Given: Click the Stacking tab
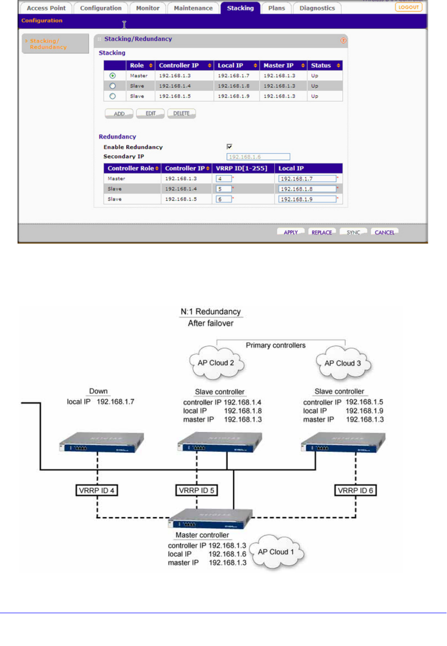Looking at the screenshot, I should click(x=240, y=8).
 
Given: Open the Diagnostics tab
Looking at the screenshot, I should click(x=317, y=8).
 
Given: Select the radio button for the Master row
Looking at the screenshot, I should click(x=113, y=76).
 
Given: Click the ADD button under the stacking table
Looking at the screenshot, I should click(x=119, y=114).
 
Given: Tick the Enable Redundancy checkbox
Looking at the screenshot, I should click(x=229, y=147).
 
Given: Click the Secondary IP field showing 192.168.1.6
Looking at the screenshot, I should click(x=258, y=157).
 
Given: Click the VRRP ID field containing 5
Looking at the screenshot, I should click(x=224, y=189).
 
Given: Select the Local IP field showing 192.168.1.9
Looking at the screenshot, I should click(x=308, y=199).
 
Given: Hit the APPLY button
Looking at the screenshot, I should click(x=291, y=232).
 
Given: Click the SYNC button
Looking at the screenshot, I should click(x=353, y=232).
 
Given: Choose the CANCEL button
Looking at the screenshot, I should click(x=384, y=232).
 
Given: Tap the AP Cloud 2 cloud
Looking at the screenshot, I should click(x=216, y=363).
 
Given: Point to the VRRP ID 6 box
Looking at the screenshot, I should click(x=356, y=490).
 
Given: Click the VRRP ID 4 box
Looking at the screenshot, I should click(x=97, y=490).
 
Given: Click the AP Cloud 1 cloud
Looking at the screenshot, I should click(x=276, y=552).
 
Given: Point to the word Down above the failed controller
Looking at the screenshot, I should click(x=99, y=391).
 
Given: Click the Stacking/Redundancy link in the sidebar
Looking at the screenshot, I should click(x=48, y=44).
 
